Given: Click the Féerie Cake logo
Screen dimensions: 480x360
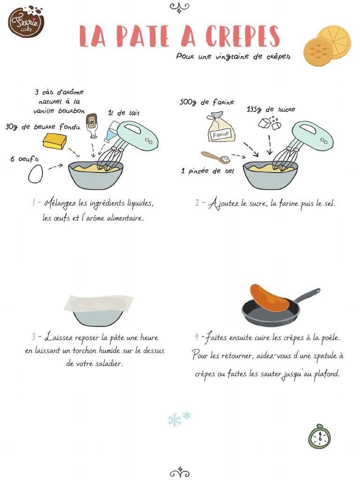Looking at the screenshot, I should tap(26, 21).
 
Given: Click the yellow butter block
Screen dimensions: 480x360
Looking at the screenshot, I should tap(55, 141).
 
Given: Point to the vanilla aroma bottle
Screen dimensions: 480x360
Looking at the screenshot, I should tap(92, 127).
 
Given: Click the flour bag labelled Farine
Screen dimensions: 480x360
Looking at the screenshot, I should tap(221, 127).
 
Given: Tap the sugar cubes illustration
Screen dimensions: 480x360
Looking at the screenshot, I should tap(270, 124).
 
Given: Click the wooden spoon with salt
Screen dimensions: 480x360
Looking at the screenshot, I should tap(216, 157).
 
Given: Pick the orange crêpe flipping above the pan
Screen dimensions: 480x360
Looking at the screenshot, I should tap(269, 298).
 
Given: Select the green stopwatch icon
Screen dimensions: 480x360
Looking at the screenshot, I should tap(319, 437).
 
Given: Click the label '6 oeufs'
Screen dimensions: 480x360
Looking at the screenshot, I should tap(24, 159).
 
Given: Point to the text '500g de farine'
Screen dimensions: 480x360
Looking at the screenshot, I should tap(207, 102).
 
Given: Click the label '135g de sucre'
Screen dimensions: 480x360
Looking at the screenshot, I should tap(271, 109).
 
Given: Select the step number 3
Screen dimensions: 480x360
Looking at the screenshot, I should tap(34, 337).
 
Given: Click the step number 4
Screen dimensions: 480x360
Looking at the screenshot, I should tap(197, 337).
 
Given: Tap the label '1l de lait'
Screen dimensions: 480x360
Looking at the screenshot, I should tap(124, 112).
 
